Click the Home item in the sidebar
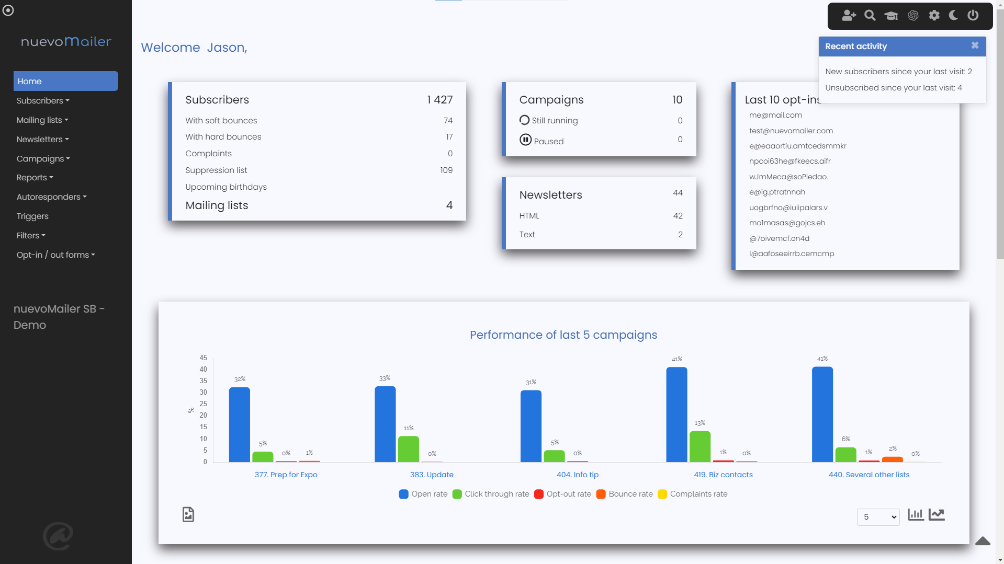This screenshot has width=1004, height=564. (x=65, y=81)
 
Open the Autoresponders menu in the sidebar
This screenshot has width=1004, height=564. (x=51, y=197)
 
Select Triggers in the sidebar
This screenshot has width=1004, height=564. (x=32, y=216)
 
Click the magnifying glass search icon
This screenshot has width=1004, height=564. (x=870, y=16)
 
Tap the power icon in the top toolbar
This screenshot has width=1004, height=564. (x=973, y=16)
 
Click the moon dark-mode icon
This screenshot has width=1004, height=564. (x=953, y=16)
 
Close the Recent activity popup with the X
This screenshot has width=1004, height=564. (x=975, y=45)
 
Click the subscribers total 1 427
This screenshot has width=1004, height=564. (x=439, y=100)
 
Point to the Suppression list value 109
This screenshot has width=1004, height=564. (x=446, y=170)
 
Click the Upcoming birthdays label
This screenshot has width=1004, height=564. (x=226, y=187)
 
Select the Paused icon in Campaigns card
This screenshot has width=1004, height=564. (x=525, y=140)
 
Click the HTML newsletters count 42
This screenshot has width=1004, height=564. (x=678, y=216)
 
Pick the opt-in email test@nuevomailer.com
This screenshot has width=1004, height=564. (x=791, y=131)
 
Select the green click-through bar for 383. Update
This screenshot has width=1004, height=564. (x=408, y=449)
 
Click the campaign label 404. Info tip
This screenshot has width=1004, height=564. (x=577, y=475)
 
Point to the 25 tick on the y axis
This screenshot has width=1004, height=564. (x=203, y=404)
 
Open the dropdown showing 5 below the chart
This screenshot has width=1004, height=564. (x=878, y=517)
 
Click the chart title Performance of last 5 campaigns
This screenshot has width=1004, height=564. (x=563, y=335)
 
